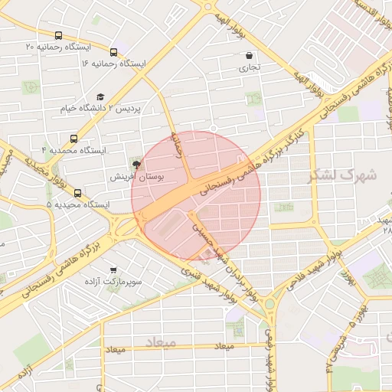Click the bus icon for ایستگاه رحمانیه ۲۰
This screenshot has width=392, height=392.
pos(59,35)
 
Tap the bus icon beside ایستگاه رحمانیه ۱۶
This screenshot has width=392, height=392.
pos(114,52)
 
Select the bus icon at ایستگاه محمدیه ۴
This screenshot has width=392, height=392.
pos(73,139)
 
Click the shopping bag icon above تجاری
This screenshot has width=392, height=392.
pos(250,55)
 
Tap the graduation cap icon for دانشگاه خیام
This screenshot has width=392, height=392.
pos(100,96)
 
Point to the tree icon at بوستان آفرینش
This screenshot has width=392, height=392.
pos(136,164)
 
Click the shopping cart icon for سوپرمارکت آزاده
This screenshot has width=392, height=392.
pos(114,270)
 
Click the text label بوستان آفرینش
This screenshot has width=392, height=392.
pos(126,177)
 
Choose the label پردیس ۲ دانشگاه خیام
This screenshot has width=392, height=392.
pos(101,109)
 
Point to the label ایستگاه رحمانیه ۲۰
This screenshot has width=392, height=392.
pos(58,47)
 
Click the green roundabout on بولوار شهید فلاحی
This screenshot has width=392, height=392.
pos(269,305)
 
